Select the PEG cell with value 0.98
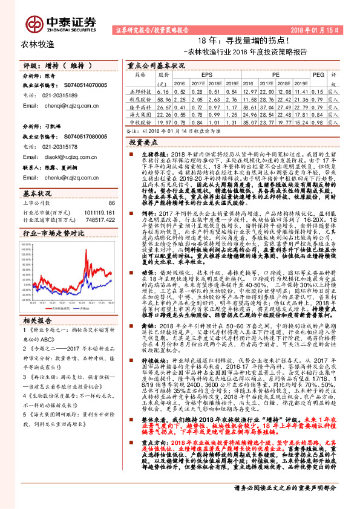point(318,122)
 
